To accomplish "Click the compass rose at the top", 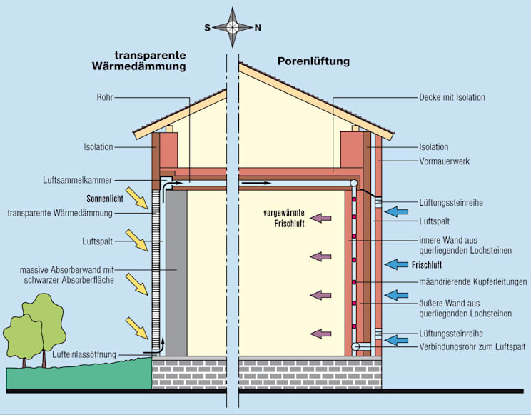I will click(233, 26).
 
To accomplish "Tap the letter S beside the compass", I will click(207, 28).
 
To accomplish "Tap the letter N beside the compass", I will click(258, 28).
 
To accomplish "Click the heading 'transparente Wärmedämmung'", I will click(150, 61).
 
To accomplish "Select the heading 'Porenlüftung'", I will click(313, 61).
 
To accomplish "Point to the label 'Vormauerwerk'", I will click(443, 162).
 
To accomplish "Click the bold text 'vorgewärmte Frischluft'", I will click(284, 218).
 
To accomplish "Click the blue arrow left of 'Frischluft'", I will click(396, 264).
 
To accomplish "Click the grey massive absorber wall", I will click(177, 271).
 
